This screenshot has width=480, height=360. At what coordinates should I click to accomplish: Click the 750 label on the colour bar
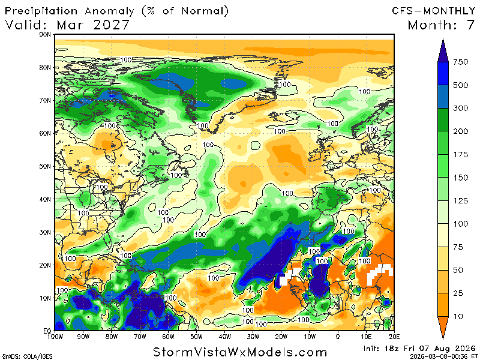(460, 62)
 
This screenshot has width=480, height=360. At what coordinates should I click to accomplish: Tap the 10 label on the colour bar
(458, 317)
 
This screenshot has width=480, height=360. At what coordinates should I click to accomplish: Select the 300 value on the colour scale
(460, 109)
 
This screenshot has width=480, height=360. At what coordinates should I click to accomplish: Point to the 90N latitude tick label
(45, 35)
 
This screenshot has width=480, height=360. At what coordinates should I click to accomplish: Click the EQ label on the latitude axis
(47, 331)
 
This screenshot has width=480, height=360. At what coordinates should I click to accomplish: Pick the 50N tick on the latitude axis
(45, 167)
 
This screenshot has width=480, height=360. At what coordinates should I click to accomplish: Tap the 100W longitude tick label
(55, 337)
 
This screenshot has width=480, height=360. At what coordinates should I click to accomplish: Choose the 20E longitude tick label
(394, 337)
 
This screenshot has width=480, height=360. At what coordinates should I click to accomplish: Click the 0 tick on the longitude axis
(338, 337)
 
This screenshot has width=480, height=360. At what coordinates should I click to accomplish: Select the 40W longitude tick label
(224, 337)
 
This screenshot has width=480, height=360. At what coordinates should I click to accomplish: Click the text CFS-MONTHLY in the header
(433, 11)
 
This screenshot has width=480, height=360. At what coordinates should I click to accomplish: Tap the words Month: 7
(441, 25)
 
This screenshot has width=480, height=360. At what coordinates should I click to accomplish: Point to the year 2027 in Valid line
(112, 25)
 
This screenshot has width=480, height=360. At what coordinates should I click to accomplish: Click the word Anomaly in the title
(109, 11)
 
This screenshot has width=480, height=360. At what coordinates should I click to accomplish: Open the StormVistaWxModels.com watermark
(239, 352)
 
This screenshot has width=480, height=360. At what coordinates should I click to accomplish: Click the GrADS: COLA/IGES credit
(27, 356)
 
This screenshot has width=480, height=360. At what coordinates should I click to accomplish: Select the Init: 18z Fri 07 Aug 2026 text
(419, 349)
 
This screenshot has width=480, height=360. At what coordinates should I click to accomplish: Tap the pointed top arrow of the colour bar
(443, 50)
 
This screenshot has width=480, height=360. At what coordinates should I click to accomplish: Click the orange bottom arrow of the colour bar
(443, 328)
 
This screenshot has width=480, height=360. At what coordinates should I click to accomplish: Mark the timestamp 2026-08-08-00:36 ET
(442, 356)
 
